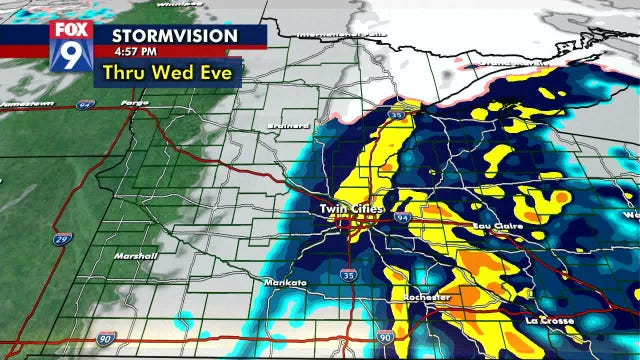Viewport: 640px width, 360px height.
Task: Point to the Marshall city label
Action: [x=136, y=256]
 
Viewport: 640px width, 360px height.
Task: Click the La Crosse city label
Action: [x=548, y=320]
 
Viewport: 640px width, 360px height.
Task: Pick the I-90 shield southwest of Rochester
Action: [x=386, y=341]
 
